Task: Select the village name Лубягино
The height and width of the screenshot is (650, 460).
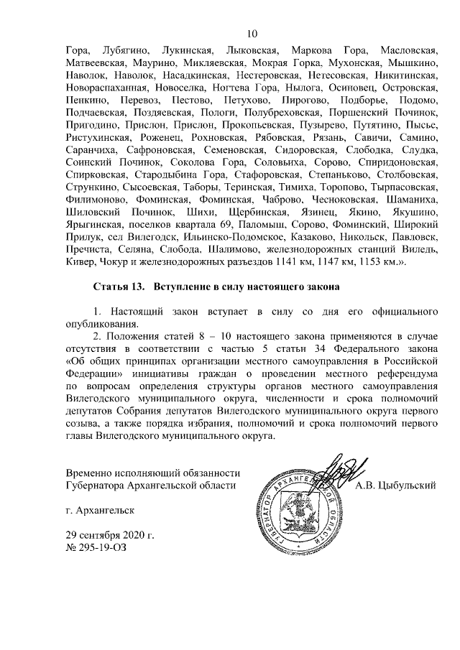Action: pyautogui.click(x=126, y=50)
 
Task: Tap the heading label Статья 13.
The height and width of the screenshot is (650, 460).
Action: pyautogui.click(x=118, y=287)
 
